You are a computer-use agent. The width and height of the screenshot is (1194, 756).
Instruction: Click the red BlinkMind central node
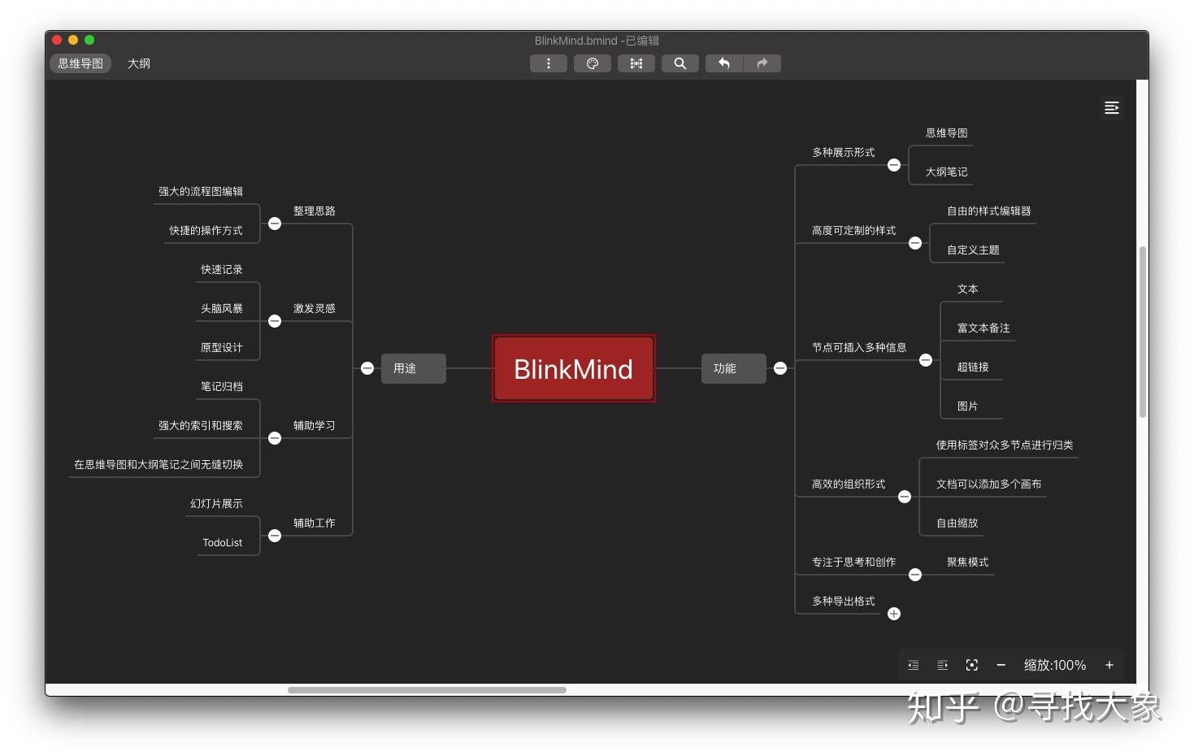(x=574, y=368)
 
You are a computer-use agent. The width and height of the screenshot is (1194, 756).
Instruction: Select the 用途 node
(x=413, y=368)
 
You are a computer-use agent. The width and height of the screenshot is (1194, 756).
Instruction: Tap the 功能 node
(x=733, y=368)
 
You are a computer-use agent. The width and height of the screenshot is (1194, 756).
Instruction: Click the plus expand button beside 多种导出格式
(x=894, y=614)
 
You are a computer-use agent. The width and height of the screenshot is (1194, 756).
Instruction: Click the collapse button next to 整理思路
(x=275, y=224)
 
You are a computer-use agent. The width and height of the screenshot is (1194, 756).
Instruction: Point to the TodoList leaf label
(x=222, y=542)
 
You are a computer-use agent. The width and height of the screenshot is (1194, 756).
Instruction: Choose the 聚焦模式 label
(x=967, y=562)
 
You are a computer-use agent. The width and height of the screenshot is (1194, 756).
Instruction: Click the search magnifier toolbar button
(x=679, y=63)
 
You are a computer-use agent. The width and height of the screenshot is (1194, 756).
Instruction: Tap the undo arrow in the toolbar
(x=724, y=63)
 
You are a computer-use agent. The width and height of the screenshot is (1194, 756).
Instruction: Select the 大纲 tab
(x=139, y=63)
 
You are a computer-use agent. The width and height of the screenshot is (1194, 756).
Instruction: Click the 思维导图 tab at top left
(x=80, y=63)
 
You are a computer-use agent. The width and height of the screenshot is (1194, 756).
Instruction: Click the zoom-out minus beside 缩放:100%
(x=1001, y=665)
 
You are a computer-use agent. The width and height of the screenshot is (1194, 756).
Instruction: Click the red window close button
(x=57, y=40)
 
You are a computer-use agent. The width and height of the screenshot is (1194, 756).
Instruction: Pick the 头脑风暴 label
(x=222, y=308)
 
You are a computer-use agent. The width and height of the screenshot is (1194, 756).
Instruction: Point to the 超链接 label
(x=973, y=367)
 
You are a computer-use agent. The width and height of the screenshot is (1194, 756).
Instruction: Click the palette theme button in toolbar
(x=593, y=63)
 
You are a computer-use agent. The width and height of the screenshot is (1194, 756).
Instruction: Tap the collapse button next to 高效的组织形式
(x=905, y=497)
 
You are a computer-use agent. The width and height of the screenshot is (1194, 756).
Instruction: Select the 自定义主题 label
(x=973, y=250)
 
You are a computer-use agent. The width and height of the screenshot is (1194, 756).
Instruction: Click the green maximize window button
(x=89, y=40)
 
